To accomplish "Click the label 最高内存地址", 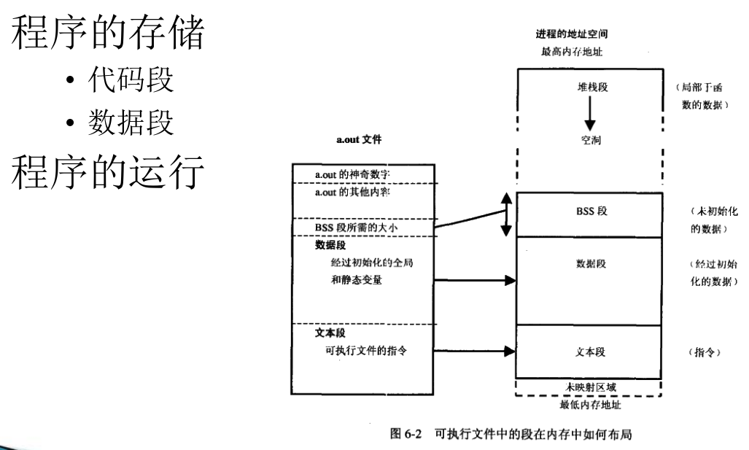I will pos(573,52).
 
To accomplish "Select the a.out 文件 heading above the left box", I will pos(358,140).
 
